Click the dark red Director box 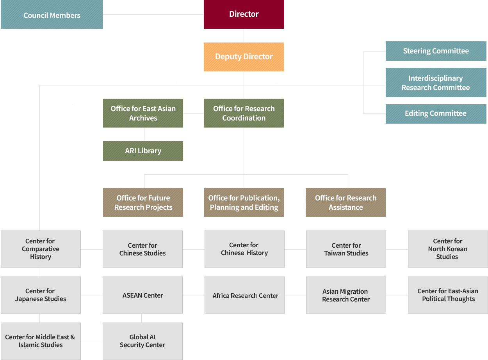coord(244,14)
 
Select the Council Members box coord(52,15)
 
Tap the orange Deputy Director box coord(244,57)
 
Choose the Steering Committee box coord(436,51)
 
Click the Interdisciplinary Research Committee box coord(436,83)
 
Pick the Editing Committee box coord(436,113)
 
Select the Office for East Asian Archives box coord(143,113)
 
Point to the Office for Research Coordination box coord(244,113)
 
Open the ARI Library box coord(143,151)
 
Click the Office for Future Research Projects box coord(143,202)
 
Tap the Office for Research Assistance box coord(346,202)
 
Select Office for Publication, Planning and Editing coord(244,202)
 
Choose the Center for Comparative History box coord(41,249)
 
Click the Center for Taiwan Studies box coord(346,249)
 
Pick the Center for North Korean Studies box coord(447,249)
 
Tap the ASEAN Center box coord(142,295)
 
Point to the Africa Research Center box coord(245,296)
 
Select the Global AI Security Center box coord(142,341)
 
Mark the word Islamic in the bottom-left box coord(29,345)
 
